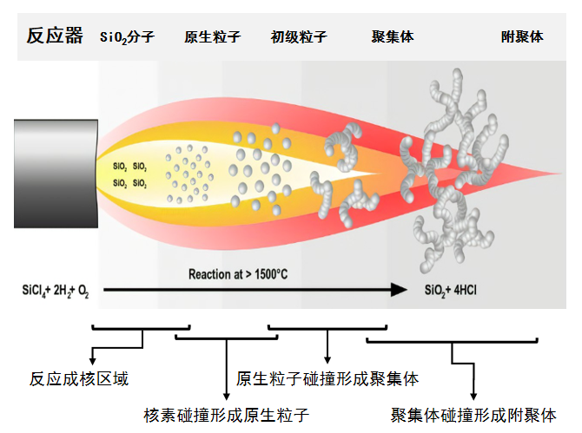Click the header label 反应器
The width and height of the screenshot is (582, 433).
coord(55,36)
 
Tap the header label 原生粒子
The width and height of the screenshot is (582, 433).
coord(212,37)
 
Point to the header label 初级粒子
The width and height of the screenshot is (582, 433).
coord(299,37)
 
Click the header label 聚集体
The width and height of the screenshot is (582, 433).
coord(392,37)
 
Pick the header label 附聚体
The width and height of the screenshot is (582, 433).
coord(522,37)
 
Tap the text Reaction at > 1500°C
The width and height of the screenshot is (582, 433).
coord(239,274)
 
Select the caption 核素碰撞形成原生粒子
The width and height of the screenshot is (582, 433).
coord(226,414)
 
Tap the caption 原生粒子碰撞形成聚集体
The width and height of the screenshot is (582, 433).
coord(327,379)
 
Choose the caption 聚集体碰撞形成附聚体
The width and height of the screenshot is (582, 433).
coord(474,414)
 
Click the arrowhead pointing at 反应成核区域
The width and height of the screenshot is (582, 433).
coord(93,356)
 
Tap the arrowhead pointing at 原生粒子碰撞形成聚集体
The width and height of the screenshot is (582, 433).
coord(327,358)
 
